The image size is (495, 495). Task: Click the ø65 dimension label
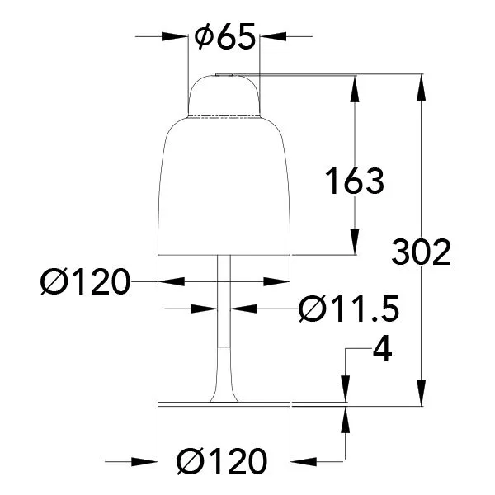coord(224,36)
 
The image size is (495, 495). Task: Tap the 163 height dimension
coord(355,181)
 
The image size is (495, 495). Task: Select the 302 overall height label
coord(422,252)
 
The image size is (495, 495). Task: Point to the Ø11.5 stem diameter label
coord(349,309)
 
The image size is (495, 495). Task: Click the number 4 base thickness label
coord(383,351)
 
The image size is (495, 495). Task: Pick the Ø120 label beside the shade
coord(85,281)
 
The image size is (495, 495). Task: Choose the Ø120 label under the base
coord(222,461)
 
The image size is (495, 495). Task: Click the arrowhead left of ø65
coord(175,36)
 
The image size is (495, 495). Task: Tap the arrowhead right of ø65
coord(273,36)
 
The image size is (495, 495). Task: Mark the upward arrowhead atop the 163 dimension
coord(355,89)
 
